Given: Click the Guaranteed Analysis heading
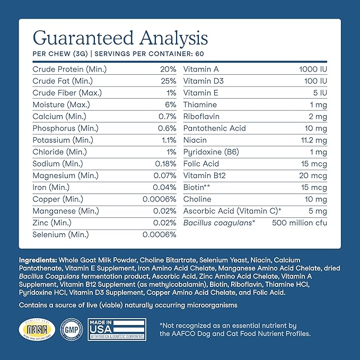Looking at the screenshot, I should [x=120, y=38].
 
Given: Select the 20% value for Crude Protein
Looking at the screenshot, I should [x=168, y=69].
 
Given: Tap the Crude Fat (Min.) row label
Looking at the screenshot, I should [x=63, y=81].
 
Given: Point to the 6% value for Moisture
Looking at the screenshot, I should [x=170, y=104].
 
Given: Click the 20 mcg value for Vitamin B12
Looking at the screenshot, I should [x=313, y=175].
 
